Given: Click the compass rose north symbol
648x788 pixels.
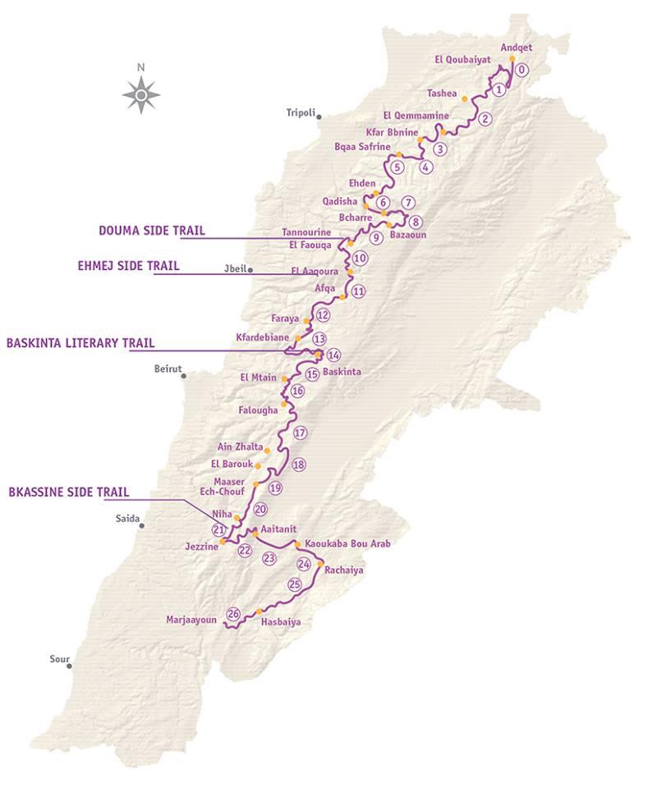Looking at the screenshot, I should click(x=141, y=94).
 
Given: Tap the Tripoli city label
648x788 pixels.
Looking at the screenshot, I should click(x=301, y=113).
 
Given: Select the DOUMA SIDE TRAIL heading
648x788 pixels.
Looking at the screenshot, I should click(x=151, y=231).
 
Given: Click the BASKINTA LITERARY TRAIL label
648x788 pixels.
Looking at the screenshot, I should click(x=80, y=343).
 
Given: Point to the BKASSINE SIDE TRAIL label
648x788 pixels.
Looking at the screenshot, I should click(x=69, y=492).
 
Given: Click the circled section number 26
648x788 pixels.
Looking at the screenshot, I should click(x=233, y=614).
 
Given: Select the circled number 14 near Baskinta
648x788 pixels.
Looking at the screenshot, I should click(x=333, y=355).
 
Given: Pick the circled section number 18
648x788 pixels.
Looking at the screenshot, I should click(x=299, y=465).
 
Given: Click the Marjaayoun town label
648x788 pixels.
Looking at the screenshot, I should click(x=191, y=621).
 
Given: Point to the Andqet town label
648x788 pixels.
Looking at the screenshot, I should click(x=516, y=48).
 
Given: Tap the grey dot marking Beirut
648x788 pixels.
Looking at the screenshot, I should click(x=184, y=377).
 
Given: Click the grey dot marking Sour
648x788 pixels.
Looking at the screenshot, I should click(x=70, y=666).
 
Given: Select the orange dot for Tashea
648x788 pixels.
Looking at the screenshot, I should click(x=465, y=98).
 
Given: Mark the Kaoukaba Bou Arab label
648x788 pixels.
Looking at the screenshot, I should click(x=347, y=543).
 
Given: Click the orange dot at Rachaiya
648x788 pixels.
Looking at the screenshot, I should click(x=320, y=564).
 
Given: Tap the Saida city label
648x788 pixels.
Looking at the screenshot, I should click(x=127, y=518).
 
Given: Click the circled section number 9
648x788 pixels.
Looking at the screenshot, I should click(x=377, y=238).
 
